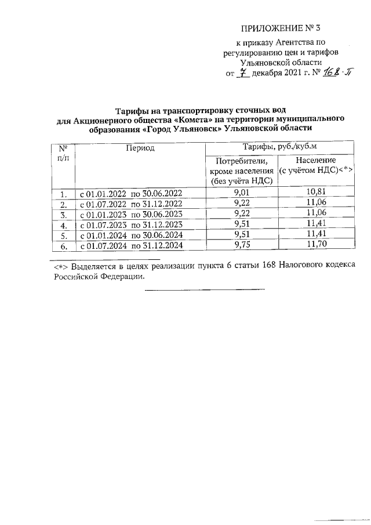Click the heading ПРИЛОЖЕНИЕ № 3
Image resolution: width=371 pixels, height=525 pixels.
point(280,27)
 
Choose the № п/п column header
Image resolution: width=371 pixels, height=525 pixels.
point(64,154)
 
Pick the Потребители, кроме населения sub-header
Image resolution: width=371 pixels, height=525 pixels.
point(241,171)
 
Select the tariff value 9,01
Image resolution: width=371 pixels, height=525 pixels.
point(241,193)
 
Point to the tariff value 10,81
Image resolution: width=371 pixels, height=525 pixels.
point(316,193)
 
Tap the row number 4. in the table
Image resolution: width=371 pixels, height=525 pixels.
point(64,225)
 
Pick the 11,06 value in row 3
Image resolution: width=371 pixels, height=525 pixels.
point(316,214)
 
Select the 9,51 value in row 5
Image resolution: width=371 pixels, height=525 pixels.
point(241,235)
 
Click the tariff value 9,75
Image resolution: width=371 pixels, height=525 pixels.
point(241,245)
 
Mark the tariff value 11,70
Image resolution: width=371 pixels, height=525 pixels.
point(316,245)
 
